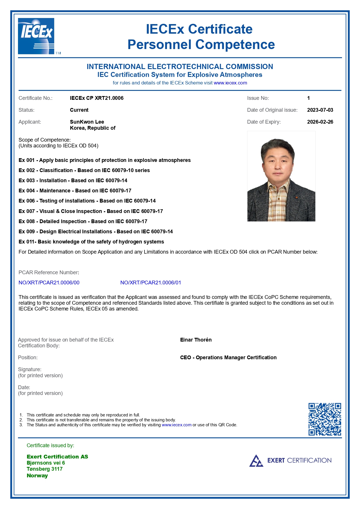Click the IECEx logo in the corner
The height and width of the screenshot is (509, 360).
(36, 36)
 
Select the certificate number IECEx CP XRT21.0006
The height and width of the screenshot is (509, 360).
(97, 98)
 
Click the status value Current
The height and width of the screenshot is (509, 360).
(79, 110)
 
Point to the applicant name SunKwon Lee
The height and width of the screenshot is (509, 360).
(87, 122)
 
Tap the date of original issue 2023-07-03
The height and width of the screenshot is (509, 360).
(320, 110)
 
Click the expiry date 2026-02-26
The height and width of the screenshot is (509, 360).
(320, 122)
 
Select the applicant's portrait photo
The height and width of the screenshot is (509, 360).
(281, 176)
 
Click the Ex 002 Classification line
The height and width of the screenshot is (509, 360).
(84, 170)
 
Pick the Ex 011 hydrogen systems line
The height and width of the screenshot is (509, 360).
(91, 242)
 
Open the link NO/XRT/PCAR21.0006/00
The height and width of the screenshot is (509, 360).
(49, 283)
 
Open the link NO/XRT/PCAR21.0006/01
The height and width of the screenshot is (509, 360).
(151, 283)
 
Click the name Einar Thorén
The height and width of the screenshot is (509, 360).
(196, 340)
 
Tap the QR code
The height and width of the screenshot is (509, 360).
(325, 419)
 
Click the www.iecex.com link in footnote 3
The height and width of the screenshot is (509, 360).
(176, 425)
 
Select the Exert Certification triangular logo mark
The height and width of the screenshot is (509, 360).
(256, 461)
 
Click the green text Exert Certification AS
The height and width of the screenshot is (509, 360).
(57, 457)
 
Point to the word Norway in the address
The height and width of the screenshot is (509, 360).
(37, 476)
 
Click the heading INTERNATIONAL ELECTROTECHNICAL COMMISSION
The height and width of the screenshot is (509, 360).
(180, 67)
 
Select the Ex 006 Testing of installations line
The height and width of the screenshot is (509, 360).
(87, 201)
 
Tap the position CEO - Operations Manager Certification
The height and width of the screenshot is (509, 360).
(228, 358)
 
